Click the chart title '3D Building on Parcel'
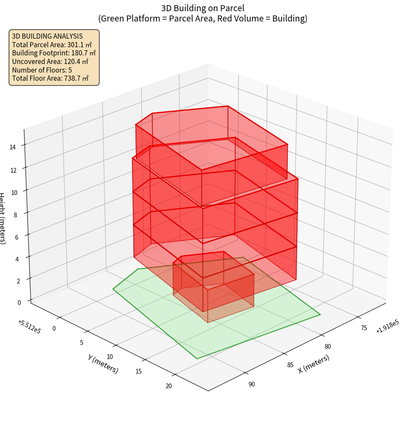[x=203, y=8]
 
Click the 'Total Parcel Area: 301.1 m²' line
[x=52, y=44]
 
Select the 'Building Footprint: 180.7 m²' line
[x=54, y=53]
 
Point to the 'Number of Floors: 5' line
[x=42, y=70]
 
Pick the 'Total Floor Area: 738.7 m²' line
[x=50, y=78]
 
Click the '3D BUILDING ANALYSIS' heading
[x=47, y=36]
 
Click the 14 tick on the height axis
[x=13, y=147]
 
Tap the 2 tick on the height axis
[x=18, y=280]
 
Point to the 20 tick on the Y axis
[x=169, y=386]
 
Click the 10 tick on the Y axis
[x=110, y=357]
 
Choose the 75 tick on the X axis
[x=363, y=329]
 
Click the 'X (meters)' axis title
[x=314, y=364]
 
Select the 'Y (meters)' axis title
[x=103, y=364]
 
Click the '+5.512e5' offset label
[x=29, y=327]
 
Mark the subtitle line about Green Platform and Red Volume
[x=203, y=18]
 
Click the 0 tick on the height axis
[x=20, y=302]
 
